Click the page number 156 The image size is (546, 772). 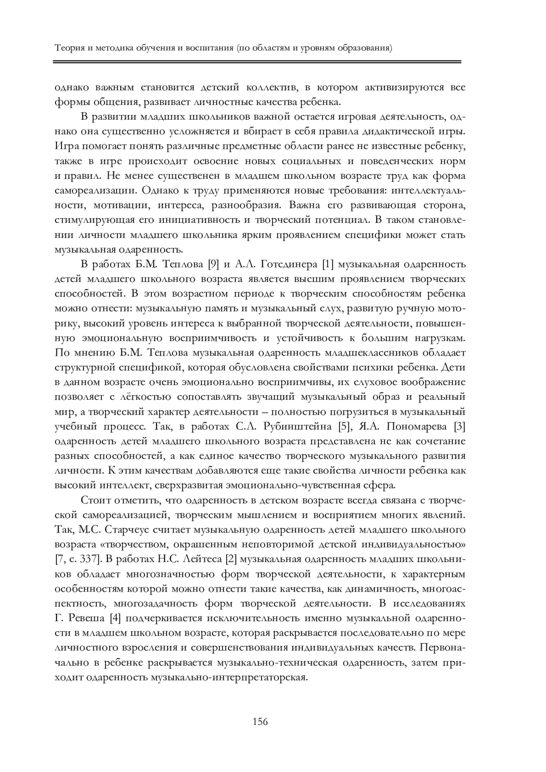pos(260,722)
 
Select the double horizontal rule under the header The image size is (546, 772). pos(258,61)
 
